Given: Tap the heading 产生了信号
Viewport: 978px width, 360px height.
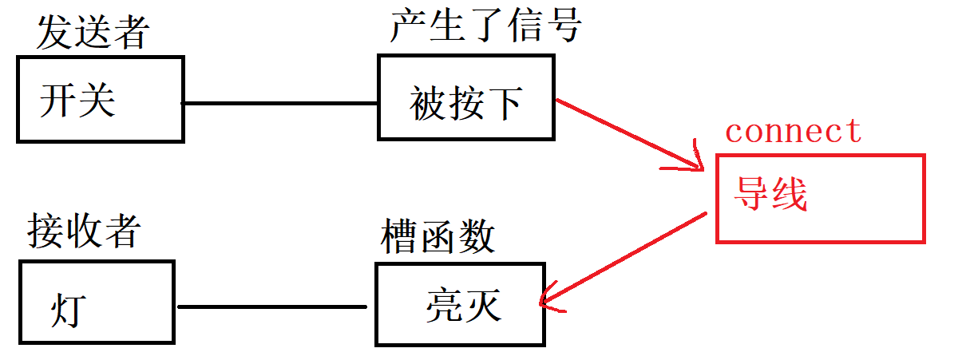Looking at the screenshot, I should click(485, 29).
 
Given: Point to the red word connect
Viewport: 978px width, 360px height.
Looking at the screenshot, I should click(793, 130).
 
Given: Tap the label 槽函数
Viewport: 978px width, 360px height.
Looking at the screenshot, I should click(438, 237).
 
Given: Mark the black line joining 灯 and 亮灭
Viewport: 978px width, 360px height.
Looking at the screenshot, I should click(271, 307).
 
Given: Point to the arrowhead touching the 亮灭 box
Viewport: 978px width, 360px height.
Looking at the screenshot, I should click(546, 299).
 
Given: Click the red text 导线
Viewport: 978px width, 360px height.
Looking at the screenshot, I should click(770, 194).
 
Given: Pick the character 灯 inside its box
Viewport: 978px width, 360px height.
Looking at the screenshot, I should click(67, 310).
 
